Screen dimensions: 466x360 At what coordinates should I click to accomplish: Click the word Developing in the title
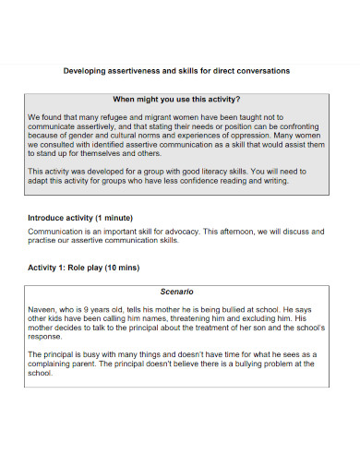point(83,70)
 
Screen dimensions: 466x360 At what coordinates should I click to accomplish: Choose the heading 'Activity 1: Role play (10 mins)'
point(84,267)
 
